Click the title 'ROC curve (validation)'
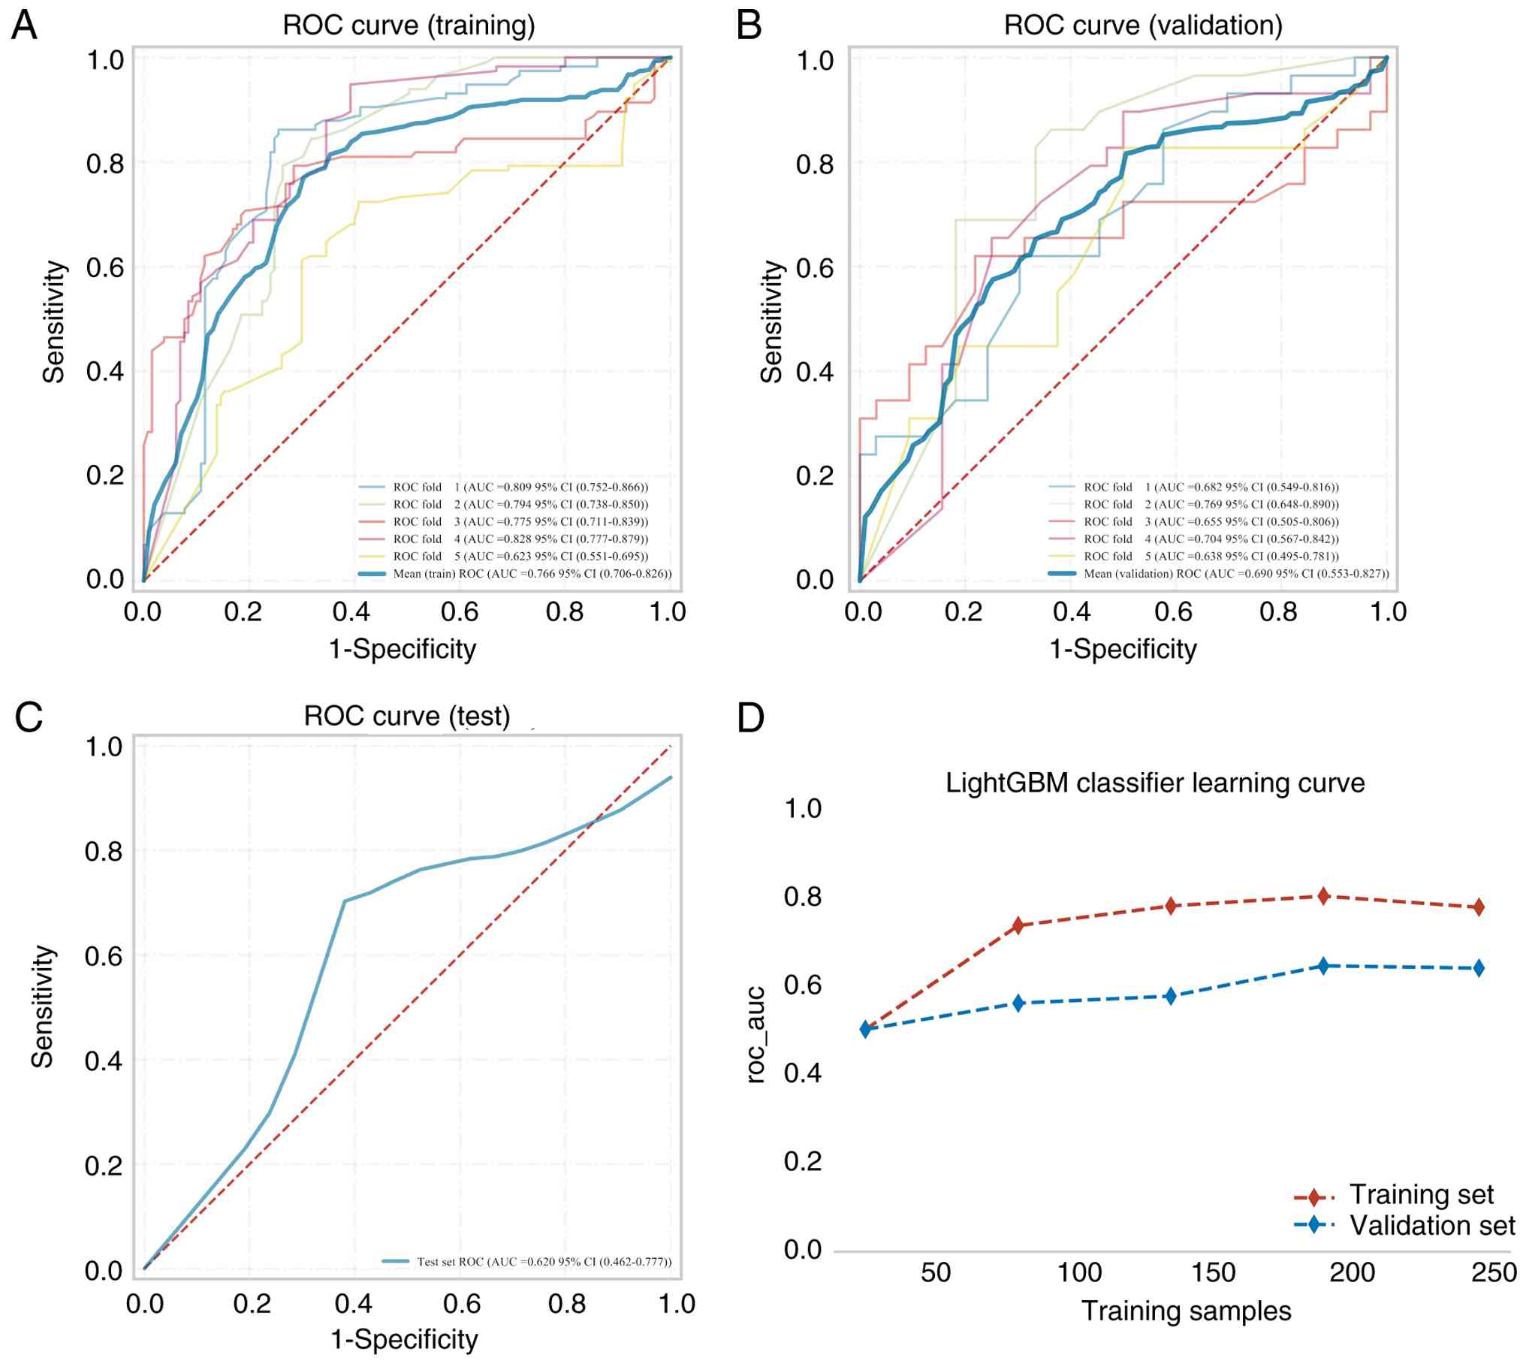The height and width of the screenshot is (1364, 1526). (x=1142, y=26)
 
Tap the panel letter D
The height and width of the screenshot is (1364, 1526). (x=750, y=717)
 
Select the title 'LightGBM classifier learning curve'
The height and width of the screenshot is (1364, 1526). (x=1154, y=783)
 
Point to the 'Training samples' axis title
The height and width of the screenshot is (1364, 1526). (x=1186, y=1311)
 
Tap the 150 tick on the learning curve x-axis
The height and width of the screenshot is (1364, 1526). (x=1213, y=1272)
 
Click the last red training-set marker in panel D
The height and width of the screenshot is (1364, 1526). (x=1479, y=907)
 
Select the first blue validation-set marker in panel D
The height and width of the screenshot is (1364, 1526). (x=865, y=1029)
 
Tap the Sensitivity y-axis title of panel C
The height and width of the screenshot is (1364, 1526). (x=43, y=1006)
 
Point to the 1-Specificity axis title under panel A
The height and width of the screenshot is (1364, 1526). (x=403, y=649)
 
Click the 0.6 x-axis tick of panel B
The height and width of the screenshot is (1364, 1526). (x=1173, y=612)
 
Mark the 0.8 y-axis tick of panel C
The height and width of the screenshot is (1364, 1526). (x=104, y=852)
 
